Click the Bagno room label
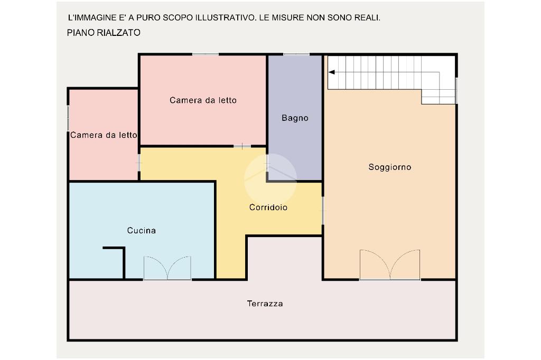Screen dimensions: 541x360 click(295, 118)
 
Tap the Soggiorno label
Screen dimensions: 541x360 click(390, 167)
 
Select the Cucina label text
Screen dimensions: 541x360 click(142, 231)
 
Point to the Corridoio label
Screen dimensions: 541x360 click(268, 207)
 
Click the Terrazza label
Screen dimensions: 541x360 click(265, 304)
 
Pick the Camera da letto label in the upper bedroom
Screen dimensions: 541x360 click(203, 100)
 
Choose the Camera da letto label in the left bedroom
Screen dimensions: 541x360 click(104, 135)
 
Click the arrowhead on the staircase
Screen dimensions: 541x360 click(332, 73)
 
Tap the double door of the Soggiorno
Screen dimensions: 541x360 click(390, 265)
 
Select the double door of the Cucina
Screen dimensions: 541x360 click(167, 268)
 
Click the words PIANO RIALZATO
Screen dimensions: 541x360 click(104, 33)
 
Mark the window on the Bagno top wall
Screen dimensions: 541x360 click(296, 54)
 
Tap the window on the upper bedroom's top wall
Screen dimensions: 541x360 click(205, 54)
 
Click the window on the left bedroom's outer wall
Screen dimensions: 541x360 click(69, 118)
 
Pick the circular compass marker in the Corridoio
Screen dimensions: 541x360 click(270, 178)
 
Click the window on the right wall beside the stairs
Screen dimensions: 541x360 click(456, 91)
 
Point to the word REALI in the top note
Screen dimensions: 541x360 click(366, 17)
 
